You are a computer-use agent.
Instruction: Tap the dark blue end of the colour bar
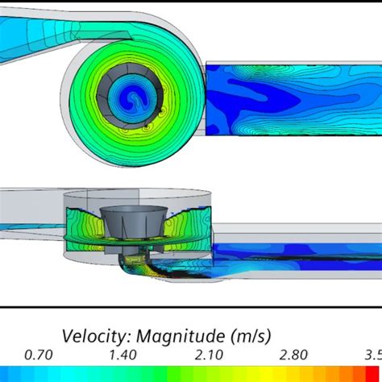point(6,373)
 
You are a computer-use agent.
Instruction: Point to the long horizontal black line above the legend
point(191,307)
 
